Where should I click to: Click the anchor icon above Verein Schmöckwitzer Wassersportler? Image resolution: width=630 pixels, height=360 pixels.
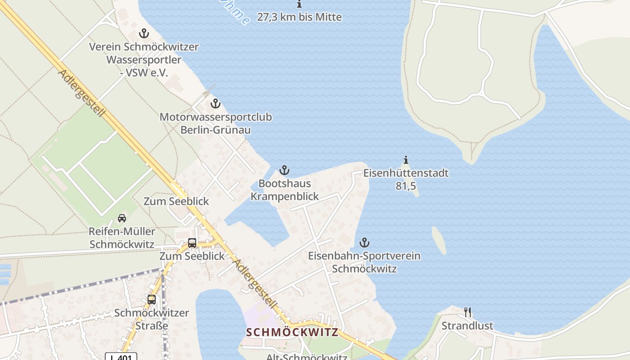(144, 33)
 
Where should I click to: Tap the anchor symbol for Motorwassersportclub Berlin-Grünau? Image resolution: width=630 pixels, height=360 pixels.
(216, 103)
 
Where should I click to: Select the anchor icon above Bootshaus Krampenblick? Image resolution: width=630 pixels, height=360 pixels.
(284, 170)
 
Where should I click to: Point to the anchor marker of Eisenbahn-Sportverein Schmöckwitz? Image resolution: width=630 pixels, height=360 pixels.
(364, 243)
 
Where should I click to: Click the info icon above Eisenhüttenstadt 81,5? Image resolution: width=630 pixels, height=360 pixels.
(406, 160)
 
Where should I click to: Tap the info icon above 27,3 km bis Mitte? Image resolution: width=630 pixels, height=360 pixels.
(299, 4)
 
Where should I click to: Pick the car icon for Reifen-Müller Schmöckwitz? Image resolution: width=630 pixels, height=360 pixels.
(121, 218)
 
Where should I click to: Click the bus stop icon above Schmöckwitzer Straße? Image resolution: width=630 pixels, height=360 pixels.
(152, 299)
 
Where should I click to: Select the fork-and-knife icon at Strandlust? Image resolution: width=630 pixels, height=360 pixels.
(468, 312)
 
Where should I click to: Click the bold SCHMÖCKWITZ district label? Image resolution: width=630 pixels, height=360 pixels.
(292, 333)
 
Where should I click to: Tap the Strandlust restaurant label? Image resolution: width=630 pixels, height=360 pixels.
(467, 326)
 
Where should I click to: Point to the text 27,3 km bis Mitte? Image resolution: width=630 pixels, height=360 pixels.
(299, 17)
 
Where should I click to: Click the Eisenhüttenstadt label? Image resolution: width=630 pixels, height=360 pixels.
(406, 173)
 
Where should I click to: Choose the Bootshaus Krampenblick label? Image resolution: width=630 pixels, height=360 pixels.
(284, 190)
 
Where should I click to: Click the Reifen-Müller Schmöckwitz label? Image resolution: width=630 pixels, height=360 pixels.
(122, 238)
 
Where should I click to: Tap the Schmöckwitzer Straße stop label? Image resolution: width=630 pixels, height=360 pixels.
(151, 319)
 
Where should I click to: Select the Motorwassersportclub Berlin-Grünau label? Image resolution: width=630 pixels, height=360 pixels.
(216, 123)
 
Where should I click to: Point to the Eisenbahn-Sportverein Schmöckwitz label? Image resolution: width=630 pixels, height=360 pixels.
(364, 262)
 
